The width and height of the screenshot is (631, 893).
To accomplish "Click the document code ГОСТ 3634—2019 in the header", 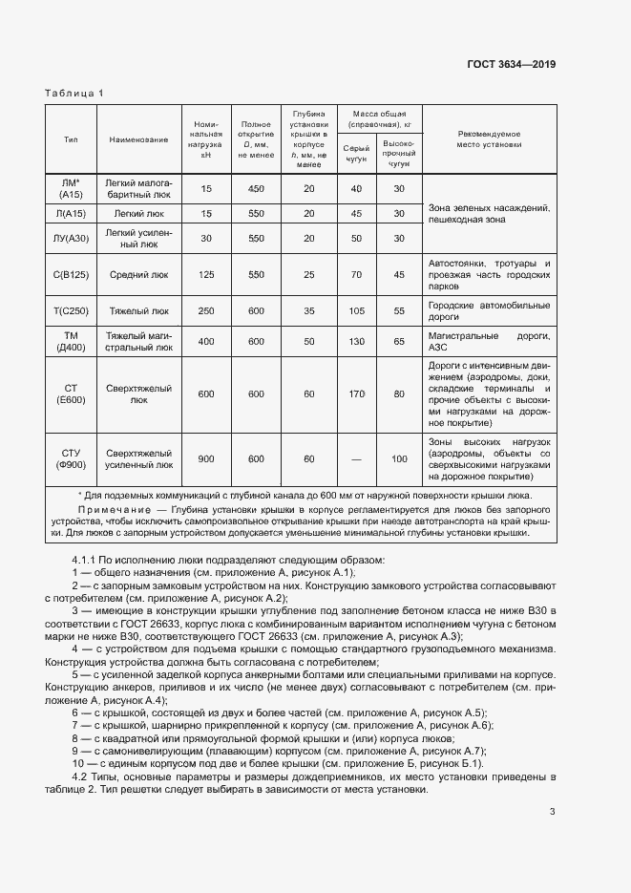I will click(511, 64).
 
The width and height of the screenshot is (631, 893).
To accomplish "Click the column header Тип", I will click(71, 139).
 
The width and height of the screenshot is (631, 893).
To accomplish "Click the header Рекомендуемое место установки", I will click(489, 139).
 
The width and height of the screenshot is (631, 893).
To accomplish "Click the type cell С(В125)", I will click(71, 274).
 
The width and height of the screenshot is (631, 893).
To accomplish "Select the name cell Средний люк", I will click(138, 274).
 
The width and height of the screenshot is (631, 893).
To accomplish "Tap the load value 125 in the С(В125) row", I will click(206, 274).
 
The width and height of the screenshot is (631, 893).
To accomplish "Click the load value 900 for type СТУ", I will click(206, 459).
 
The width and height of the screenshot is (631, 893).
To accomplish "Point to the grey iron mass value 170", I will click(356, 393).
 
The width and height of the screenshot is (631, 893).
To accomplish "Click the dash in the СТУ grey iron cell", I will click(356, 459).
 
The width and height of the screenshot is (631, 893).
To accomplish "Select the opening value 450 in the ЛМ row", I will click(256, 189).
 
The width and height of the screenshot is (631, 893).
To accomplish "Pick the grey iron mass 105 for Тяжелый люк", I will click(356, 310).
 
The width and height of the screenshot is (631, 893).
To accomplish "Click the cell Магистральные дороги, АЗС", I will click(489, 341).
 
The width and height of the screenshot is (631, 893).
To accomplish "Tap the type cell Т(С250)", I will click(71, 310).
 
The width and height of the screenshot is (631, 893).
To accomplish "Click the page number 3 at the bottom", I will click(552, 813).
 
